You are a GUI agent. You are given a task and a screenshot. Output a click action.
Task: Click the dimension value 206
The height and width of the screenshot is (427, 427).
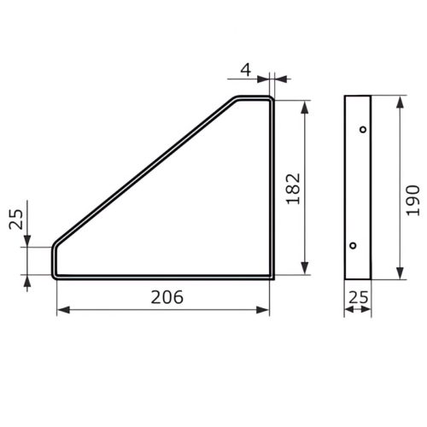coord(167,298)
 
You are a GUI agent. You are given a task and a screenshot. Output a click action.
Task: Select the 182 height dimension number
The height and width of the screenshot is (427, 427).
coord(292,189)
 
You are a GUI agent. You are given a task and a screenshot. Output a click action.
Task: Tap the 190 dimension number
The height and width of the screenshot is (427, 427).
coord(413,199)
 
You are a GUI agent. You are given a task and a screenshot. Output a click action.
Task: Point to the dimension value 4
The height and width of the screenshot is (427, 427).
coord(245,69)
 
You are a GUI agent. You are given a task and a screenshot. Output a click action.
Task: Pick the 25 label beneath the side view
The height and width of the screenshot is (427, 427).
coord(359,298)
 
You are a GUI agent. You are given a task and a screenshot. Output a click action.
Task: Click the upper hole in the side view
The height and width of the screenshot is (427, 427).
coord(363,130)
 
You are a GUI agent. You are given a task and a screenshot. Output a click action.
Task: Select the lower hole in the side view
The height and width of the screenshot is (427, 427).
coord(353,246)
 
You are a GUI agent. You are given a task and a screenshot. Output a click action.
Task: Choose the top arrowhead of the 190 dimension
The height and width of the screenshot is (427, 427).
coord(400,101)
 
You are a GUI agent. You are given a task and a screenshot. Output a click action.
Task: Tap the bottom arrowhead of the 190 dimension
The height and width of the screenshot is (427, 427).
coord(400,275)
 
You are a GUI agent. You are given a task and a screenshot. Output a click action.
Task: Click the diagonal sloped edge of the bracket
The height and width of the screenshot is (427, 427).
coord(145,171)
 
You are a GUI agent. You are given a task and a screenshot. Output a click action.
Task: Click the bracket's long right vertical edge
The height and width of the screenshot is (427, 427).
coord(272,188)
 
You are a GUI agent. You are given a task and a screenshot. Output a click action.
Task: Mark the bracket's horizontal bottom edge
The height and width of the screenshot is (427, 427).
coord(162,278)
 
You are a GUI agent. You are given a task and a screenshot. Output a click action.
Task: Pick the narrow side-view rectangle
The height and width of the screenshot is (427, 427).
coord(358,188)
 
